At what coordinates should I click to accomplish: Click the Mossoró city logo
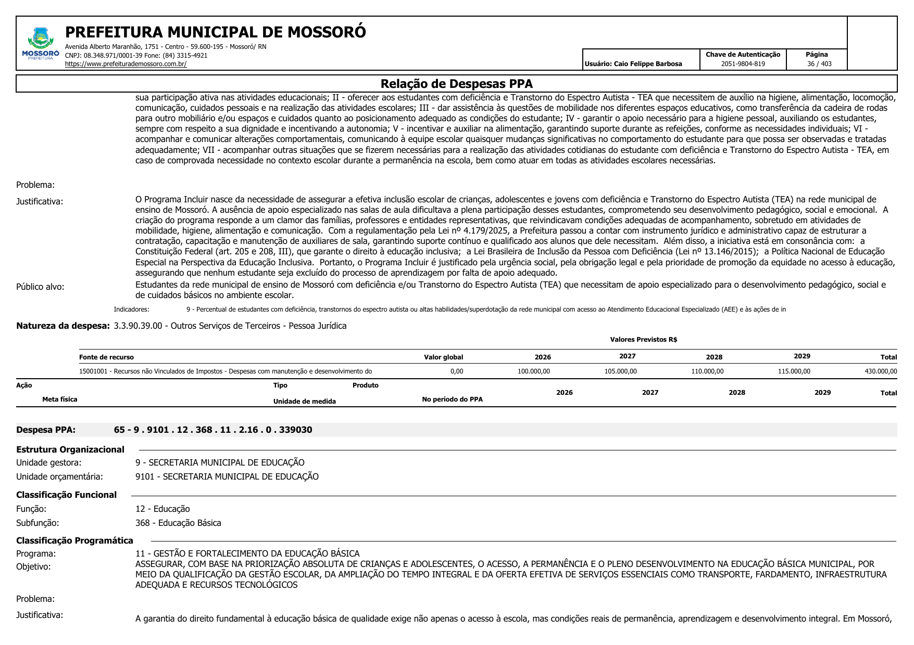click(41, 43)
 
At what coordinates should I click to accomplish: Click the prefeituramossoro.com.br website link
click(126, 64)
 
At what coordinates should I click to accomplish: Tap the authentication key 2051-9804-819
click(743, 64)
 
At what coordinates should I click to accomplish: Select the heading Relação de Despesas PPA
click(456, 84)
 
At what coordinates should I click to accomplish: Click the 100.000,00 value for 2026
click(533, 371)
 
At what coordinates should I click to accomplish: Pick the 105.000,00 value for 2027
click(620, 371)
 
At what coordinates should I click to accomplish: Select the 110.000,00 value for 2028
click(707, 371)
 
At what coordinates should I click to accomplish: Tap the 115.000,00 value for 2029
click(794, 371)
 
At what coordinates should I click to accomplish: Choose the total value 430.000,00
click(881, 371)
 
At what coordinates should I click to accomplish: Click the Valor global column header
click(443, 357)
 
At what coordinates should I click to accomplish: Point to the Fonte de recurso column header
click(106, 357)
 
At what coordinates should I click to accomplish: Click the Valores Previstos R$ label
click(643, 340)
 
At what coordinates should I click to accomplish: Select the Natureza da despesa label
click(63, 326)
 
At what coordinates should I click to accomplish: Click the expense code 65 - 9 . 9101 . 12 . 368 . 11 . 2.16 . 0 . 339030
click(213, 430)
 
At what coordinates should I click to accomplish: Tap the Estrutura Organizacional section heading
click(70, 449)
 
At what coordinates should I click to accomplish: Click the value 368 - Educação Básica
click(178, 523)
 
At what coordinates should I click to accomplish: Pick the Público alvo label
click(40, 287)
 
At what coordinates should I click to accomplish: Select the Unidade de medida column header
click(305, 402)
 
